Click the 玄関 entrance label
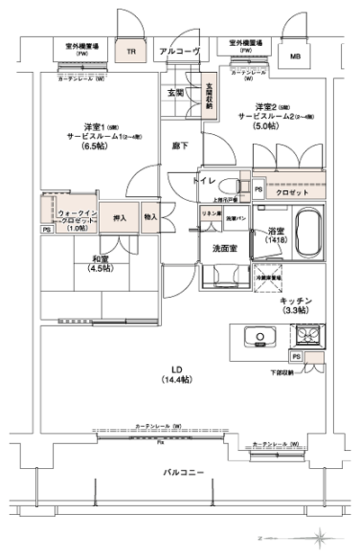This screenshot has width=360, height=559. click(175, 93)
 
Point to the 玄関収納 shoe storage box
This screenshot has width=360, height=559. click(209, 95)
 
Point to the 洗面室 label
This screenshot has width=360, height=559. click(225, 248)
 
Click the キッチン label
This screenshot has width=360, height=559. click(295, 300)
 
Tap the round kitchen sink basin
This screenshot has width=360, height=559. click(260, 338)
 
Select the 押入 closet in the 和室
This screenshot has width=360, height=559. click(120, 217)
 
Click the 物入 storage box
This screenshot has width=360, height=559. click(150, 217)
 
